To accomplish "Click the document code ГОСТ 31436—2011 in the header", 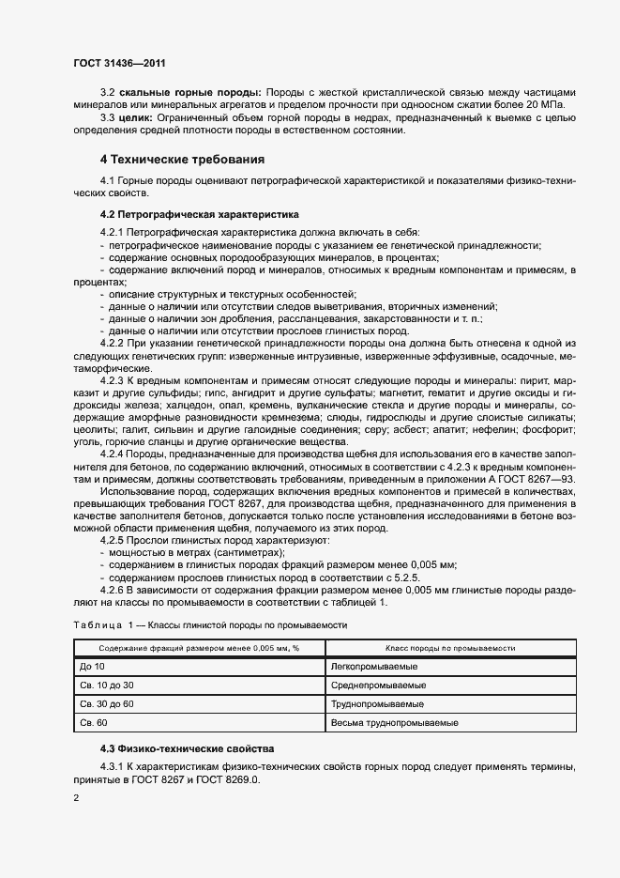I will pyautogui.click(x=121, y=62).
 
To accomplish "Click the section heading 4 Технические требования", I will pyautogui.click(x=182, y=159).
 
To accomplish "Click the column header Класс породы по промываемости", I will pyautogui.click(x=451, y=648).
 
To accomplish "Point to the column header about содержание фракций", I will pyautogui.click(x=198, y=648).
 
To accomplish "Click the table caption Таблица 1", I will pyautogui.click(x=98, y=624).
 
